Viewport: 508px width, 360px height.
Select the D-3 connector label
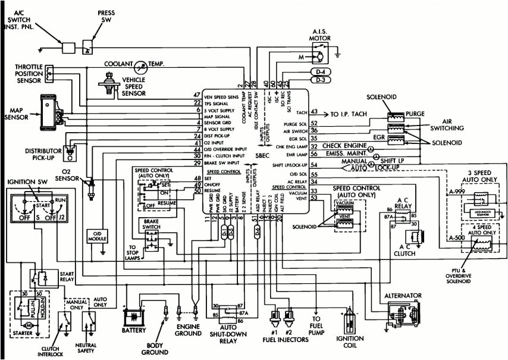point(319,79)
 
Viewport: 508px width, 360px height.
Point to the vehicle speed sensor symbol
point(110,82)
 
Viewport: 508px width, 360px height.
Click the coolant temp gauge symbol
point(142,65)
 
